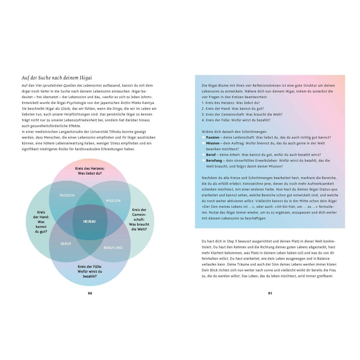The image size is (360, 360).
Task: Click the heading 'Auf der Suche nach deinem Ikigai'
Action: point(57,78)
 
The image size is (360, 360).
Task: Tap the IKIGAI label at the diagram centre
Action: point(89,221)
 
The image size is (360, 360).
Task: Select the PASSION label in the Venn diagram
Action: point(67,195)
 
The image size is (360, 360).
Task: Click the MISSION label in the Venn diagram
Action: point(113,201)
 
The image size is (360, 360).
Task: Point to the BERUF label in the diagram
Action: point(66,244)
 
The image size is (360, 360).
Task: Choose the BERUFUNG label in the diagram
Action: point(113,247)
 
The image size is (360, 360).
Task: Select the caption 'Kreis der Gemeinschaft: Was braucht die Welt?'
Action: point(139,219)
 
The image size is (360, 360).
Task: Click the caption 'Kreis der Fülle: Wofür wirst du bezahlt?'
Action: point(90,271)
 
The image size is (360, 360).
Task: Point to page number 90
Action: point(90,293)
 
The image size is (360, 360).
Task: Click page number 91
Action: point(270,293)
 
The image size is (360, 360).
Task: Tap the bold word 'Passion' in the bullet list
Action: point(212,137)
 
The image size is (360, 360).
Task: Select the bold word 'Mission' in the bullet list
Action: point(213,143)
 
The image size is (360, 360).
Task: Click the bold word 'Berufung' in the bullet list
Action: point(214,160)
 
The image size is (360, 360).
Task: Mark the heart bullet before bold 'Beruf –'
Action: point(203,155)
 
